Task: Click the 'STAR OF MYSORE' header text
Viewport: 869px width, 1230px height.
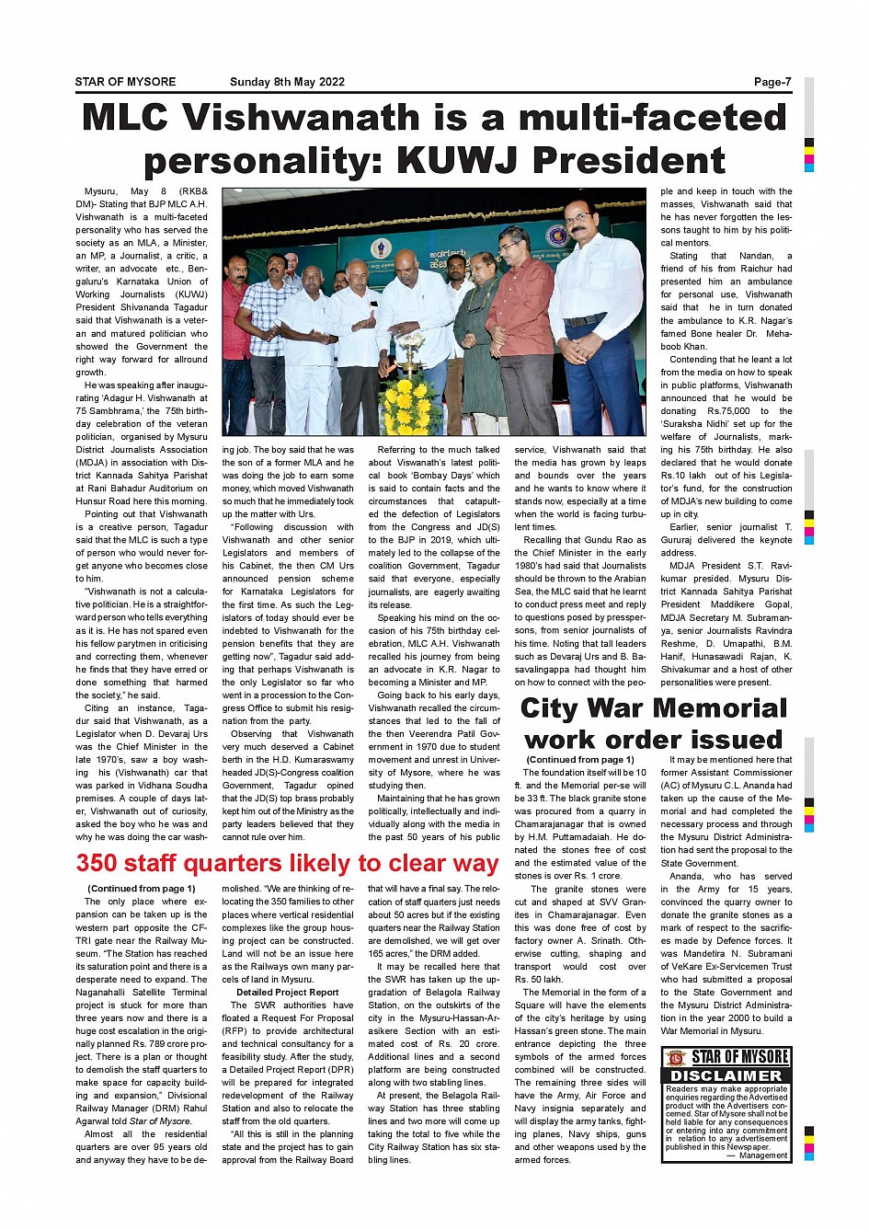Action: coord(125,82)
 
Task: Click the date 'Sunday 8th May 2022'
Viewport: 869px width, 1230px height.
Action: coord(287,82)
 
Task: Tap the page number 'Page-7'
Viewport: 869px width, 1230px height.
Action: coord(772,82)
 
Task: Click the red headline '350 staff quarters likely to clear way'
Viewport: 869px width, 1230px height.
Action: coord(287,863)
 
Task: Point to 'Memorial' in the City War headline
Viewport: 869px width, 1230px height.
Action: coord(729,708)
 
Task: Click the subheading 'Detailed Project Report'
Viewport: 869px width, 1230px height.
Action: coord(287,993)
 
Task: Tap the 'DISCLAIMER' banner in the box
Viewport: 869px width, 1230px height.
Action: coord(726,1075)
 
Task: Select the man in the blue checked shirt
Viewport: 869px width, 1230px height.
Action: coord(268,331)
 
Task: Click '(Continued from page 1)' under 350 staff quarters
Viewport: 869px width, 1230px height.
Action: coord(141,889)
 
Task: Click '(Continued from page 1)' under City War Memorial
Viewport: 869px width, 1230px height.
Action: coord(579,760)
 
